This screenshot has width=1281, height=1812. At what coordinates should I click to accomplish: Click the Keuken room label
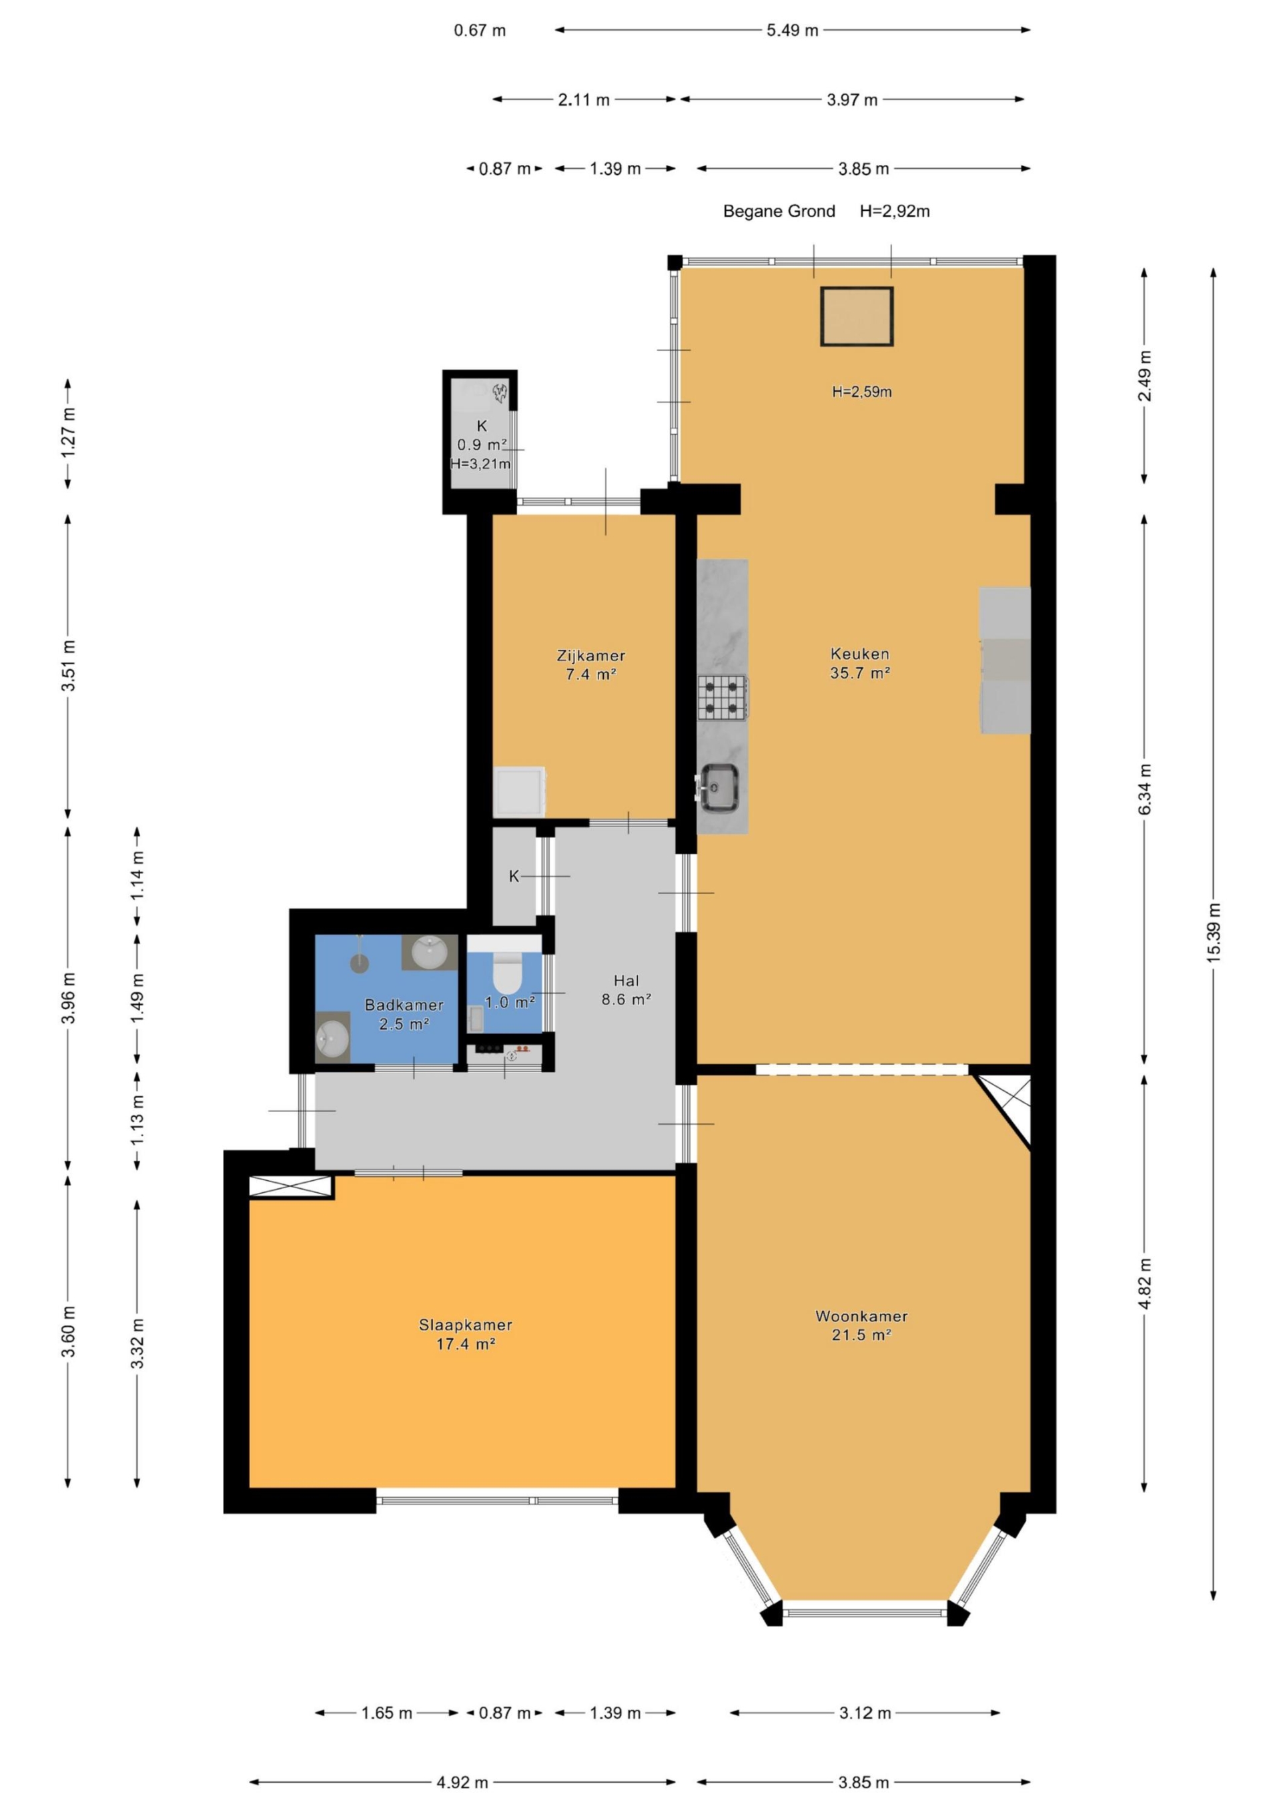coord(859,663)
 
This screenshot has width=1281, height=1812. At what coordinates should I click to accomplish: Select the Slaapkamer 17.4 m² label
coord(466,1334)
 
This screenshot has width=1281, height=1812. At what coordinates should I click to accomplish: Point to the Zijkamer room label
coord(590,664)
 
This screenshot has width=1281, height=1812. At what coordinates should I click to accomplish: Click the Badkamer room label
coord(404,1014)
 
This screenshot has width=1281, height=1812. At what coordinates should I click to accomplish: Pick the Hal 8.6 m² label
coord(626,989)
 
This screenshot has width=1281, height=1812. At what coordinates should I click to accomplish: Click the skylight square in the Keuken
coord(857,316)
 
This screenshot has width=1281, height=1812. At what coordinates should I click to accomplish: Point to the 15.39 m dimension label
coord(1214,931)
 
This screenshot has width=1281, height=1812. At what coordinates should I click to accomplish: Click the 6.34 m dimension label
coord(1144,789)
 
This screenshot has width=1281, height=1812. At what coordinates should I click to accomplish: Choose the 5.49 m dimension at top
coord(793,30)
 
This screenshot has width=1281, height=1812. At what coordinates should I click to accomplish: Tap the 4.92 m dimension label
coord(462,1782)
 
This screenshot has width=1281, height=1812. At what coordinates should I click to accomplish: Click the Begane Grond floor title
coord(779,211)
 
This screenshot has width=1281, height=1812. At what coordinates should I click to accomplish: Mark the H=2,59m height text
coord(862,392)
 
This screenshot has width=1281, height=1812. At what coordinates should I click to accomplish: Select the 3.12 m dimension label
coord(865,1713)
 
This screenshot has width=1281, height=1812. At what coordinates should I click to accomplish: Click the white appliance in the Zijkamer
coord(518,791)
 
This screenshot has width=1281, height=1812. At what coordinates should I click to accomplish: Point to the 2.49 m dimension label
coord(1144,376)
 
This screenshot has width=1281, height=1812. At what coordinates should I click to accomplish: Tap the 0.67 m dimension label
coord(480,30)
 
